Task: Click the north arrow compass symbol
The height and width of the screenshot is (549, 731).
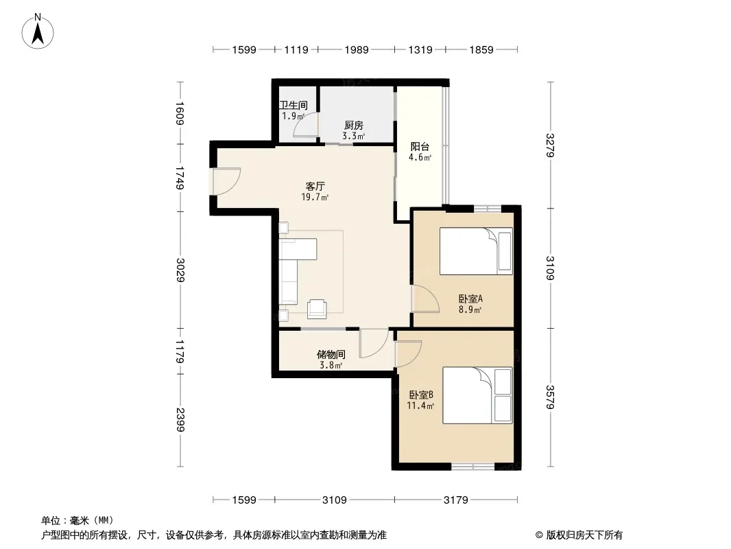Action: coord(38,32)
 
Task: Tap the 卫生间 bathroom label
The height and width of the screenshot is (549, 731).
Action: coord(293,106)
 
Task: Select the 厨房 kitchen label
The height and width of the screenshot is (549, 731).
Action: coord(354,125)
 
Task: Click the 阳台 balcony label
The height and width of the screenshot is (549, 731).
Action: coord(420,146)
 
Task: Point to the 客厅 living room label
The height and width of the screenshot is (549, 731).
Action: coord(315,186)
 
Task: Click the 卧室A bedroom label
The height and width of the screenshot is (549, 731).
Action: coord(470,299)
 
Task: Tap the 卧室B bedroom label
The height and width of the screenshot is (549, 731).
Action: coord(422,395)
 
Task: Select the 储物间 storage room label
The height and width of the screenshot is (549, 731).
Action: coord(331,355)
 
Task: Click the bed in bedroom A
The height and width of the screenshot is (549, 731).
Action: coord(476,251)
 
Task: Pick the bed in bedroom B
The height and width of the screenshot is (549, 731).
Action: coord(477,395)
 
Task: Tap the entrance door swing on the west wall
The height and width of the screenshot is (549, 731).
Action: coord(226,181)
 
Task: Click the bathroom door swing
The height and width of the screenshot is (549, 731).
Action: coord(306,125)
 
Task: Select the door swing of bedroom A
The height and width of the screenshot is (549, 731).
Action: coord(425,299)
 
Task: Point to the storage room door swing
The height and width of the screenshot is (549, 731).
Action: coord(374,343)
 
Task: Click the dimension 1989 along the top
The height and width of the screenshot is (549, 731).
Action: coord(357,49)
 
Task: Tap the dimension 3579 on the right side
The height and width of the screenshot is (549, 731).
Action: coord(550,397)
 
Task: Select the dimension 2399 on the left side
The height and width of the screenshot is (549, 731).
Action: coord(180,420)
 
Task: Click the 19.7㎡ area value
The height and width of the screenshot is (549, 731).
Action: coord(315,197)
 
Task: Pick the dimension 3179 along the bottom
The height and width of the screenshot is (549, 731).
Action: coord(456,500)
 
